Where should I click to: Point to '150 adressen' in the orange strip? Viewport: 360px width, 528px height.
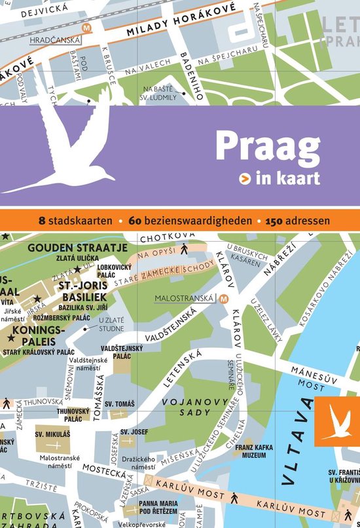[297, 220]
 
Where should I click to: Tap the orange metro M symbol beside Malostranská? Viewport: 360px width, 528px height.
[225, 299]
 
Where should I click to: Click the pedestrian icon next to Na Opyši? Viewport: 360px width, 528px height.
[184, 249]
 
